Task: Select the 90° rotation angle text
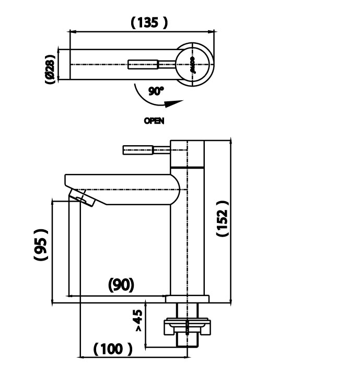(x=156, y=91)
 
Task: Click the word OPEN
(x=154, y=121)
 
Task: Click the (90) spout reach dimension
(x=121, y=285)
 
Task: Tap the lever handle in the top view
(x=144, y=64)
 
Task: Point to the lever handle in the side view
(x=138, y=150)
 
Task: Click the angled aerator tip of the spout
(x=82, y=197)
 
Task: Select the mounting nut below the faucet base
(x=187, y=326)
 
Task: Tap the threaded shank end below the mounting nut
(x=188, y=340)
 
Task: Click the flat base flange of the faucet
(x=187, y=299)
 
